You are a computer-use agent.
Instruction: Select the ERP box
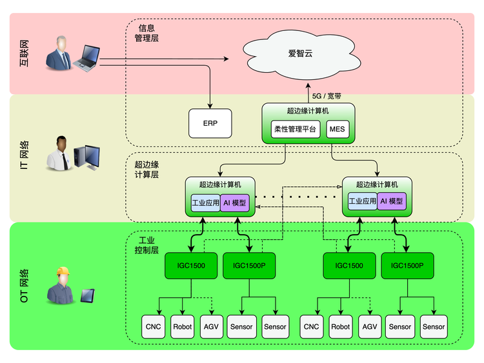tap(210, 123)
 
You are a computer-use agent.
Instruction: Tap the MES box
tap(337, 129)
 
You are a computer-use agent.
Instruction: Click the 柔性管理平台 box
tap(295, 129)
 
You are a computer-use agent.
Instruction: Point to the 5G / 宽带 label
tap(327, 95)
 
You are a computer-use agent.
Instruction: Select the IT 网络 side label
tap(25, 158)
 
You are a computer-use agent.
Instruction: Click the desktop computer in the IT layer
tap(86, 157)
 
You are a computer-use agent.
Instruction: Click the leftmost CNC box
tap(153, 327)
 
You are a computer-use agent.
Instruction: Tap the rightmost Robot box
tap(341, 327)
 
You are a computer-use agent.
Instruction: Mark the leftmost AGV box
tap(212, 327)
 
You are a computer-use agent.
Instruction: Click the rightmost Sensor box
tap(434, 327)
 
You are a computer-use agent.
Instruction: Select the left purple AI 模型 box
tap(234, 202)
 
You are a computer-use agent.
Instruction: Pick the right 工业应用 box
tap(362, 201)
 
